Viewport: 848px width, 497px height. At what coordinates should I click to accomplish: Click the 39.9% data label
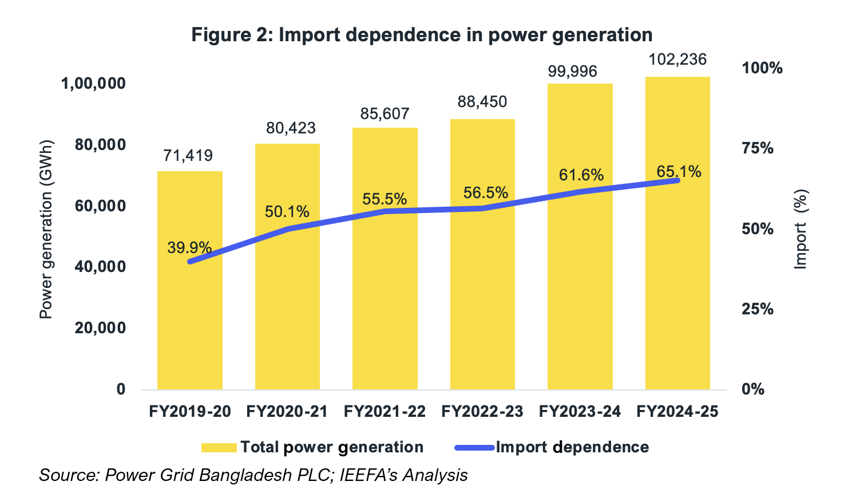pyautogui.click(x=189, y=248)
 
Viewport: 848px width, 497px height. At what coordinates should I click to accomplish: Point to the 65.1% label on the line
pyautogui.click(x=679, y=171)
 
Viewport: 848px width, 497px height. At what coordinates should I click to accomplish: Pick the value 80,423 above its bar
pyautogui.click(x=291, y=128)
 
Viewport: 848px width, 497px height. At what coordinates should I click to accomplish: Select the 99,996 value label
pyautogui.click(x=572, y=72)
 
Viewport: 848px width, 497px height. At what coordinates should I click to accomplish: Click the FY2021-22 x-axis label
pyautogui.click(x=385, y=412)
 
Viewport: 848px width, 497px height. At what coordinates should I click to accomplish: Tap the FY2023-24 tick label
pyautogui.click(x=580, y=412)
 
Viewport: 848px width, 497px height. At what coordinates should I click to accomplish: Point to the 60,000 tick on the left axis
pyautogui.click(x=100, y=206)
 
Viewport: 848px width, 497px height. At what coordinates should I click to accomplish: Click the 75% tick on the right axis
pyautogui.click(x=757, y=148)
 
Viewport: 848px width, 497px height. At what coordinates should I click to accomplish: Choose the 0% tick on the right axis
pyautogui.click(x=753, y=389)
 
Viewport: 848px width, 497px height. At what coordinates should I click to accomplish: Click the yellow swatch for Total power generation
pyautogui.click(x=219, y=448)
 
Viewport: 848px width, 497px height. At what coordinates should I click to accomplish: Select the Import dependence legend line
pyautogui.click(x=474, y=448)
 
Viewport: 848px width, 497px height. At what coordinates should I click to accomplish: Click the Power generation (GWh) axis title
pyautogui.click(x=46, y=229)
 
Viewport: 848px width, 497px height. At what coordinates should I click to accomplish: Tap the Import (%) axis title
pyautogui.click(x=801, y=229)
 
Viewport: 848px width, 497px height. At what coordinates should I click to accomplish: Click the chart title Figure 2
pyautogui.click(x=422, y=35)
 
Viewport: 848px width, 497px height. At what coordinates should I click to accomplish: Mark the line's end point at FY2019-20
pyautogui.click(x=190, y=262)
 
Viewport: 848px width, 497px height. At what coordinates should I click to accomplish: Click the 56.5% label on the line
pyautogui.click(x=485, y=193)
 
